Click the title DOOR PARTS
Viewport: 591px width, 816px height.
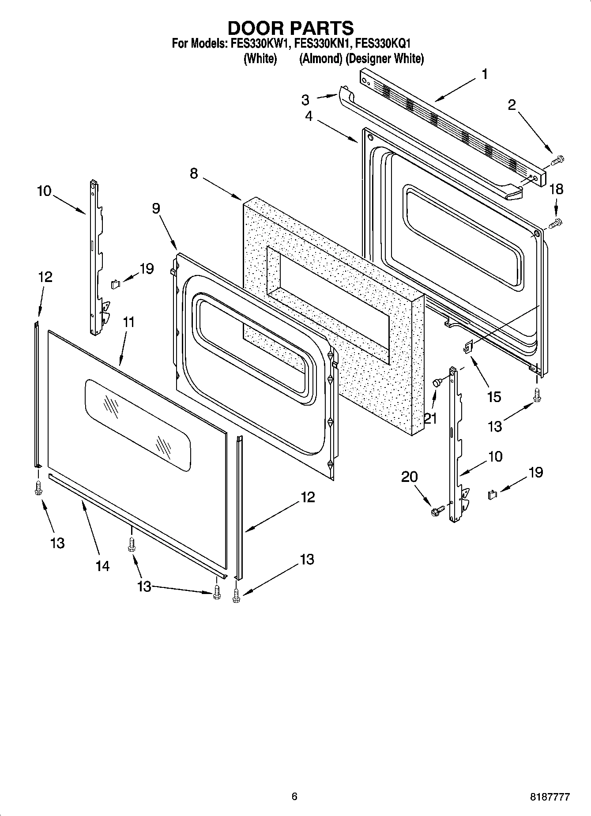(290, 28)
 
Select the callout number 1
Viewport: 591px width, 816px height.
(484, 74)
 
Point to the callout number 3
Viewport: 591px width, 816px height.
(305, 100)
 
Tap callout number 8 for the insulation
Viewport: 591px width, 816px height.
(194, 173)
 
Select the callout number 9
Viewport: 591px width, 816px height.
(156, 208)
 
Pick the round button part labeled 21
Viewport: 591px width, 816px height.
(437, 383)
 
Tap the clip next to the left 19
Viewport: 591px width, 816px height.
(116, 283)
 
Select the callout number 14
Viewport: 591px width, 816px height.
(102, 565)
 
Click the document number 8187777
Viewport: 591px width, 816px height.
(550, 797)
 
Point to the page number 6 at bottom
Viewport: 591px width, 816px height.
(294, 796)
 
